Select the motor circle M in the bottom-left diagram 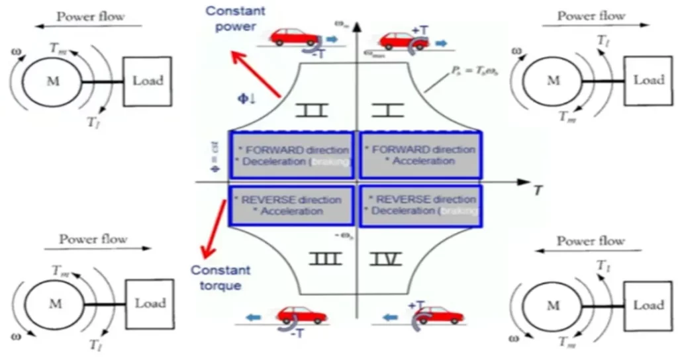(52, 304)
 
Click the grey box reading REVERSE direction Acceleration (291, 205)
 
